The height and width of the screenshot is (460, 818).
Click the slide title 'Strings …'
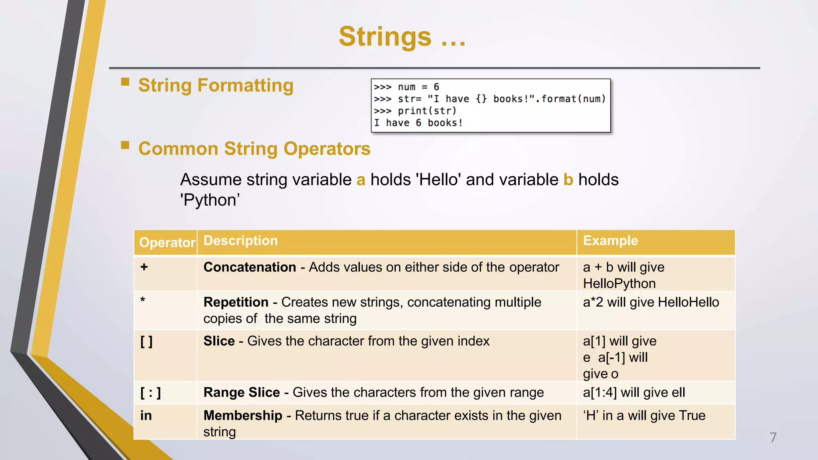tap(402, 37)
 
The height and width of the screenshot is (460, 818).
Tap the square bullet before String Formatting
tap(125, 82)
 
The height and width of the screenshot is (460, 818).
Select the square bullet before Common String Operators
tap(125, 145)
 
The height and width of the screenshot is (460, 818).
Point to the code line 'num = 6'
tap(418, 87)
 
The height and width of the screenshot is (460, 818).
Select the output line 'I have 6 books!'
tap(418, 123)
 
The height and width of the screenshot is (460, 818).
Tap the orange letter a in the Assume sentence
tap(361, 180)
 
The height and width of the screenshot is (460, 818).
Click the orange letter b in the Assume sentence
tap(568, 180)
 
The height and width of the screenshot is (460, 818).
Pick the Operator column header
tap(167, 242)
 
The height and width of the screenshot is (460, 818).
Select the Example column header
tap(610, 241)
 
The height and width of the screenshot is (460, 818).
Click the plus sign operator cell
tap(144, 267)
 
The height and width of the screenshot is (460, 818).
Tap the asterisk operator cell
tap(143, 300)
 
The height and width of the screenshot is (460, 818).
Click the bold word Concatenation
tap(250, 267)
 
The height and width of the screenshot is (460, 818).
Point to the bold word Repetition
tap(236, 302)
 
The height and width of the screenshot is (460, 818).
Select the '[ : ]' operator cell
tap(151, 393)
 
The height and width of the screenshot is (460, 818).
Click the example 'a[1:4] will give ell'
tap(634, 393)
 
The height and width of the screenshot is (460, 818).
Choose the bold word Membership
tap(242, 416)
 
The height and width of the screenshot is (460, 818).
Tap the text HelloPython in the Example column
tap(619, 284)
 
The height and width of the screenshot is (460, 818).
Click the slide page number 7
tap(773, 438)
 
